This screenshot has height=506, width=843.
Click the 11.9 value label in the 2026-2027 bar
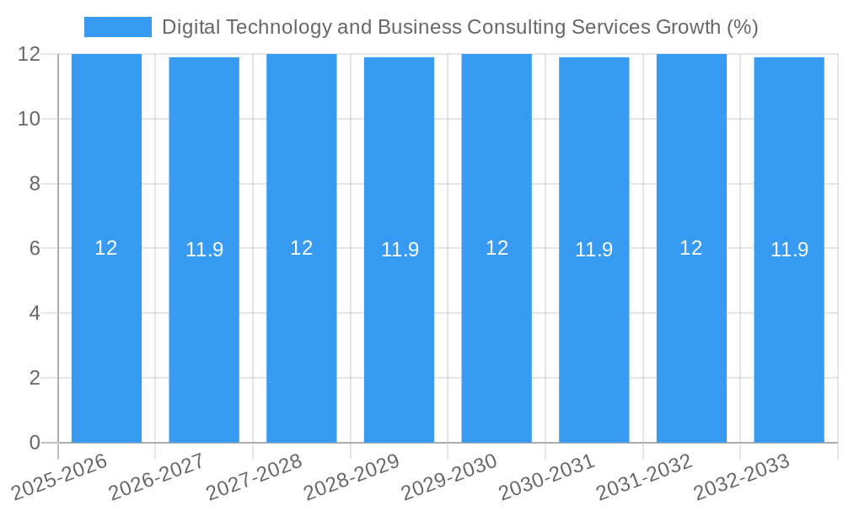[204, 250]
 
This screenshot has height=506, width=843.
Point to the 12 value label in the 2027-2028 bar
[302, 248]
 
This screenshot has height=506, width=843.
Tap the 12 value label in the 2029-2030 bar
[497, 248]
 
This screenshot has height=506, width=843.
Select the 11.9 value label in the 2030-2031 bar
[594, 250]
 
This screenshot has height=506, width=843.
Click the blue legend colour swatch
[118, 27]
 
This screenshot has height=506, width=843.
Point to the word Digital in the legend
[188, 27]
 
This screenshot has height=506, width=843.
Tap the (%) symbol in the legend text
[742, 27]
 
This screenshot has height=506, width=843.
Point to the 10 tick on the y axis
[30, 119]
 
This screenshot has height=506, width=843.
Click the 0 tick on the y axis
[35, 443]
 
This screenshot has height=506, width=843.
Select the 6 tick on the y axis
[35, 248]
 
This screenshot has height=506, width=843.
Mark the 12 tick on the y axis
[30, 54]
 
